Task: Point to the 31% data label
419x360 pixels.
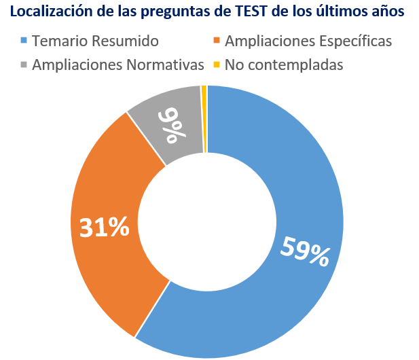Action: pyautogui.click(x=105, y=228)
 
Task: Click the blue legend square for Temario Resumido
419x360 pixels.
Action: pyautogui.click(x=24, y=41)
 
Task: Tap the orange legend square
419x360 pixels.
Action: pyautogui.click(x=217, y=41)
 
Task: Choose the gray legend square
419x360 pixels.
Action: pyautogui.click(x=24, y=65)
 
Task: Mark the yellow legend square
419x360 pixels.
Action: pyautogui.click(x=217, y=65)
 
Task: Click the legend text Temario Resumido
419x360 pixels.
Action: pyautogui.click(x=95, y=41)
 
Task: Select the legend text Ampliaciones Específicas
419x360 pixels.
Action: pyautogui.click(x=308, y=41)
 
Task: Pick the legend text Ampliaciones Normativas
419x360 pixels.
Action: pyautogui.click(x=117, y=65)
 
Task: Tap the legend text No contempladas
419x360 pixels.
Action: pyautogui.click(x=283, y=65)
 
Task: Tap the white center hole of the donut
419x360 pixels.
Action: pyautogui.click(x=207, y=221)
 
